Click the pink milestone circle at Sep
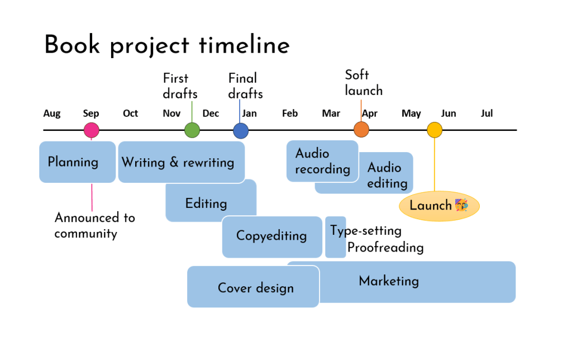[92, 130]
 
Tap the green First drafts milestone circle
[192, 130]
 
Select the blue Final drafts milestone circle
[241, 130]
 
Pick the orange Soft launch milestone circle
[361, 130]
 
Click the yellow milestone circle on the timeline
[434, 130]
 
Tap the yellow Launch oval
[439, 206]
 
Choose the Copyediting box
[271, 236]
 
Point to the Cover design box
[255, 288]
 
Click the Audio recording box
[322, 161]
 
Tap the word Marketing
[389, 281]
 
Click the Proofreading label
[385, 248]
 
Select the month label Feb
[290, 113]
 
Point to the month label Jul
[487, 113]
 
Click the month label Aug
[52, 113]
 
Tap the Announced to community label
[94, 225]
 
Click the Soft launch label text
[364, 83]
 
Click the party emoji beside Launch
[461, 205]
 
